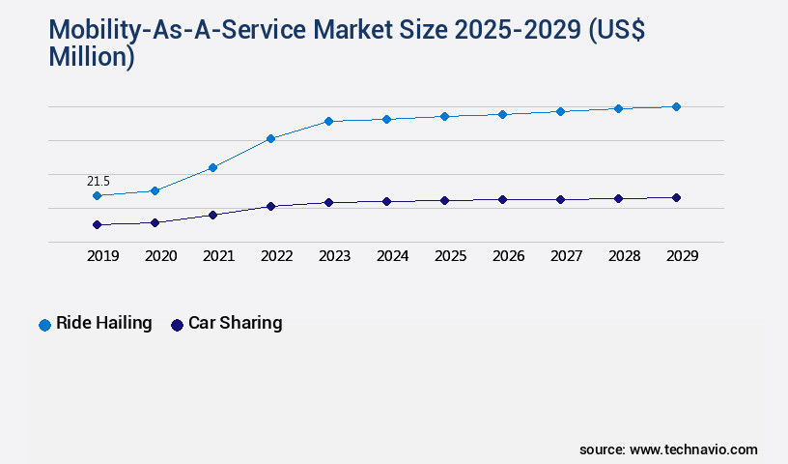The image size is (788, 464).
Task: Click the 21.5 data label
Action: coord(98,181)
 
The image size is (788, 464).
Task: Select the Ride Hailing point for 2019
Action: coord(97,195)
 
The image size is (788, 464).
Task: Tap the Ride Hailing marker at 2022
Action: coord(270,138)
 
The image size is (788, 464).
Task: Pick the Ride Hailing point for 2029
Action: coord(676,106)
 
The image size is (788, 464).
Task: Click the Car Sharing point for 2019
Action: coord(97,224)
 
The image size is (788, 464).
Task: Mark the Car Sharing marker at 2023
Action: coord(328,202)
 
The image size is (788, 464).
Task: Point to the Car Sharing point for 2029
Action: coord(676,197)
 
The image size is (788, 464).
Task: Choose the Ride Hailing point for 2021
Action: coord(212,167)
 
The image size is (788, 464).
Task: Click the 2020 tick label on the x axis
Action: coord(160,256)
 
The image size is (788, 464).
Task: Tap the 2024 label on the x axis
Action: coord(392,256)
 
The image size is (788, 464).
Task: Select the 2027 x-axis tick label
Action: coord(566,256)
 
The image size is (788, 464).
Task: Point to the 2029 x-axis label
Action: coord(682,256)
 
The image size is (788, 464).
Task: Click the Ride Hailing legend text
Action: coord(104,323)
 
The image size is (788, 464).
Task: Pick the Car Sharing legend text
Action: coord(235,323)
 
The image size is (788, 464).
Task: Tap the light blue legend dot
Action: coord(44,325)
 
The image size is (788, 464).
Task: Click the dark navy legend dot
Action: coord(177,325)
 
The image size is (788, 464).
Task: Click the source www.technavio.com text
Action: coord(668,449)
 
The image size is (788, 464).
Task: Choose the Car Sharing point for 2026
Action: coord(502,199)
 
